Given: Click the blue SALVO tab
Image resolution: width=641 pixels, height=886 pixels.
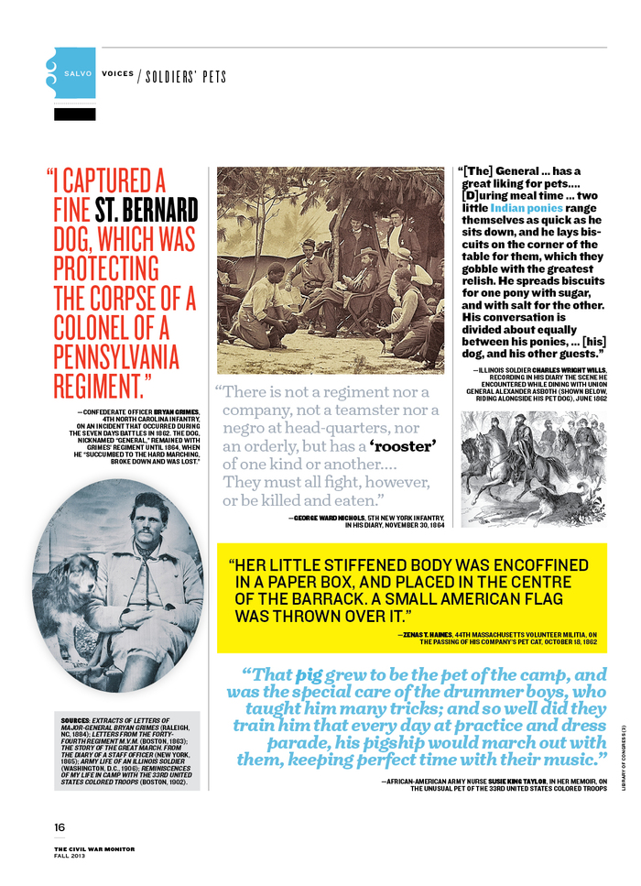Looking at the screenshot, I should (x=75, y=73).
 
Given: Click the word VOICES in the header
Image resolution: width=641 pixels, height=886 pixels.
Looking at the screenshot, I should (x=117, y=74).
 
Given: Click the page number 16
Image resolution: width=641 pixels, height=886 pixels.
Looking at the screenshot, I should (x=60, y=826).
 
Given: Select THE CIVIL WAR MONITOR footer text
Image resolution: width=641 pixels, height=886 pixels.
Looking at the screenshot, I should (x=93, y=848).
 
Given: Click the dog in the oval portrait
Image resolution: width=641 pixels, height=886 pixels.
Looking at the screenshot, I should (x=66, y=591).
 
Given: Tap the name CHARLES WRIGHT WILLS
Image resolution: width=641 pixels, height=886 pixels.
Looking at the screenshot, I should (x=560, y=370).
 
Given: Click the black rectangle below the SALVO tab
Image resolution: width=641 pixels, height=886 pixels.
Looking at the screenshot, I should (x=75, y=115).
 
